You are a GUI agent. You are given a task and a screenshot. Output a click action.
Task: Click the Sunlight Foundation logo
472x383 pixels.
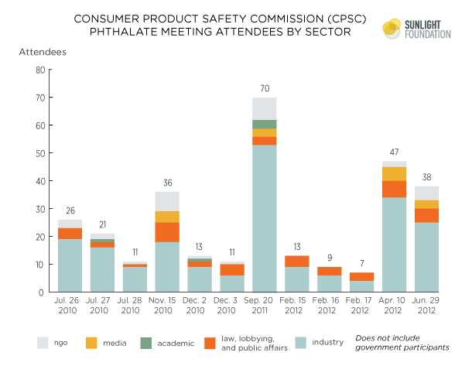(413, 29)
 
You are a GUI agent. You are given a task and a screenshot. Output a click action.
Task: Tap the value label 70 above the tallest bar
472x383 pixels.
(264, 90)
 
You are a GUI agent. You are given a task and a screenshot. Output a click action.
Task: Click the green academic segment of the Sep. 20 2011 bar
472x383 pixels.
(264, 124)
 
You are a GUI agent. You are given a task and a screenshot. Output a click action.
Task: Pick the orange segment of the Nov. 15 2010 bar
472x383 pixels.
(166, 232)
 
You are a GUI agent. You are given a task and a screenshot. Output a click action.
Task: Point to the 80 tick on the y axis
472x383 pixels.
(39, 70)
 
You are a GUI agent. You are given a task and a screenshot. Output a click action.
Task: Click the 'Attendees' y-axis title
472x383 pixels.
(43, 51)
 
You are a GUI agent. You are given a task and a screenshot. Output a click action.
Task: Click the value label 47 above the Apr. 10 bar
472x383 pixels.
(394, 154)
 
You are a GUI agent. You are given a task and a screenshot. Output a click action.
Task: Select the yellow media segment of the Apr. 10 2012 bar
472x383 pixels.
(394, 173)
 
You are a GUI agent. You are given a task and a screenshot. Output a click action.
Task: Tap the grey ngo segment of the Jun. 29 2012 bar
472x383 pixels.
(426, 193)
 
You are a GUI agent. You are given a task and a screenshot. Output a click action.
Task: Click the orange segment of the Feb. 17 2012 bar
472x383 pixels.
(361, 276)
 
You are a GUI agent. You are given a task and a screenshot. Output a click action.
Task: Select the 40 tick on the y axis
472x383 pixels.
(39, 181)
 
